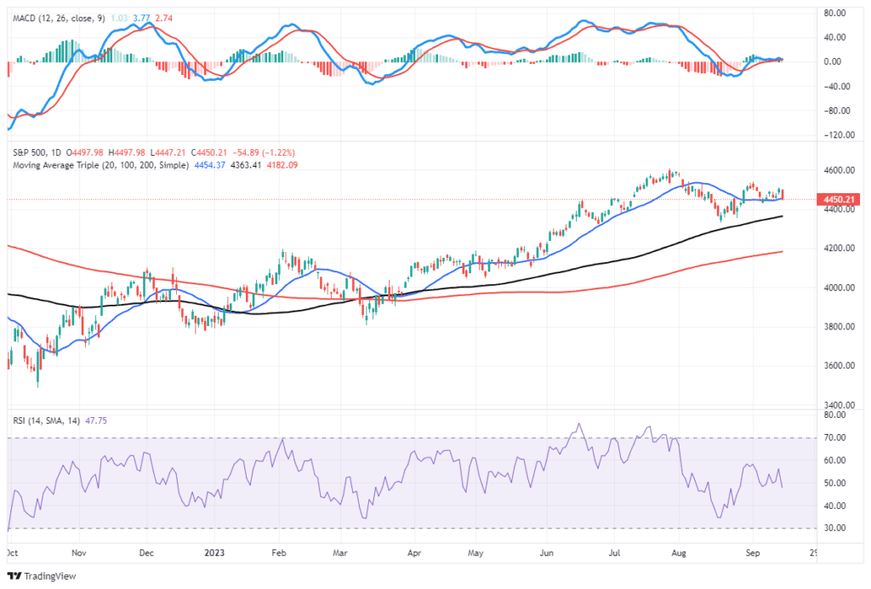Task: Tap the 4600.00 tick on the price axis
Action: point(840,170)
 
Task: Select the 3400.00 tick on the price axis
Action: point(840,405)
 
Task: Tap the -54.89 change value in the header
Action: point(232,152)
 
